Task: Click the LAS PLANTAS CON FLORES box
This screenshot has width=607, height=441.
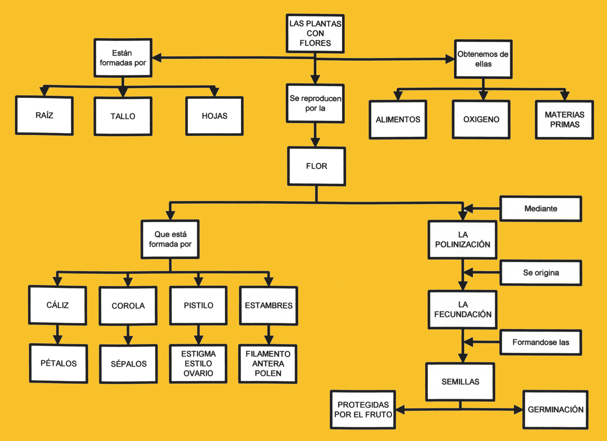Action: pyautogui.click(x=315, y=33)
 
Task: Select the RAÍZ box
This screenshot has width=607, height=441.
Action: pyautogui.click(x=44, y=115)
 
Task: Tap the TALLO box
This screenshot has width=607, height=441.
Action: pyautogui.click(x=123, y=116)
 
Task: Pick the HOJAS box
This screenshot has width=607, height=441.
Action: pyautogui.click(x=214, y=116)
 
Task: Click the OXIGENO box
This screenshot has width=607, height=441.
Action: pyautogui.click(x=481, y=119)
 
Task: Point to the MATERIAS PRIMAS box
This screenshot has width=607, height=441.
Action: pyautogui.click(x=564, y=120)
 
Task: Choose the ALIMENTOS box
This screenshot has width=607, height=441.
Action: pyautogui.click(x=398, y=120)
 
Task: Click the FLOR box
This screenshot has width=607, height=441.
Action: pyautogui.click(x=316, y=166)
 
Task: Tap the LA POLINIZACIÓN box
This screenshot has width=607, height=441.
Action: pyautogui.click(x=462, y=240)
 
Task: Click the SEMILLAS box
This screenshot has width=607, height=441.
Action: pyautogui.click(x=460, y=382)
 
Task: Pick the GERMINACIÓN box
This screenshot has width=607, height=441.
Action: pyautogui.click(x=555, y=409)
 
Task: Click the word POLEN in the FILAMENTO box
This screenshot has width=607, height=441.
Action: pyautogui.click(x=268, y=373)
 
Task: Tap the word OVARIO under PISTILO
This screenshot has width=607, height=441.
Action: pyautogui.click(x=198, y=373)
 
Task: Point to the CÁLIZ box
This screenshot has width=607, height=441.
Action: pyautogui.click(x=58, y=305)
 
